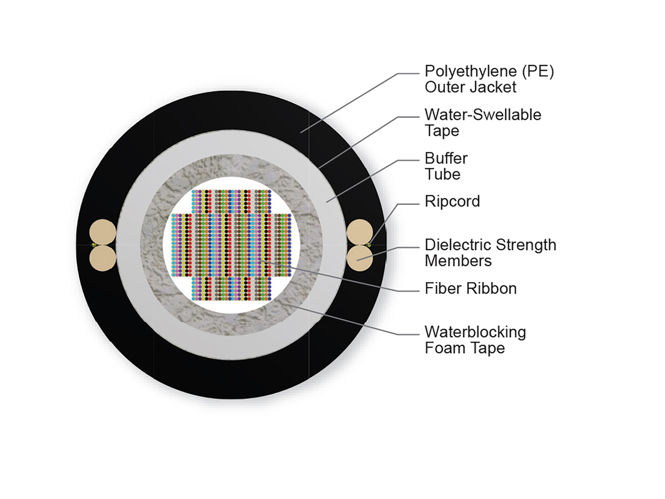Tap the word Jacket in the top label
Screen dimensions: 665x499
click(494, 87)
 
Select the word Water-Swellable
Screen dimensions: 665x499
click(483, 115)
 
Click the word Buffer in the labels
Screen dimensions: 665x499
click(446, 159)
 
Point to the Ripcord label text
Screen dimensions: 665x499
click(452, 202)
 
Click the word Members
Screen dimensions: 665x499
click(458, 261)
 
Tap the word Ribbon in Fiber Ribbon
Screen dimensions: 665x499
click(492, 288)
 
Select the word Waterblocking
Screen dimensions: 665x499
click(475, 332)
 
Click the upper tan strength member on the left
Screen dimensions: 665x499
click(103, 232)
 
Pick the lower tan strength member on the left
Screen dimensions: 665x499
click(103, 258)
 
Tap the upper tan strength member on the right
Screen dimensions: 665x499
click(360, 232)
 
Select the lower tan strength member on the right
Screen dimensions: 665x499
click(360, 258)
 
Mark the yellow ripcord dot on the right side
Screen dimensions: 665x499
click(369, 245)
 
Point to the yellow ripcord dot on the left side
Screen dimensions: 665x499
click(94, 245)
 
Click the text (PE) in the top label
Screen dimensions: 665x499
click(538, 72)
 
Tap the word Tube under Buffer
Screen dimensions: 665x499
click(443, 174)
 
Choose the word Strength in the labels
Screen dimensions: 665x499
click(526, 245)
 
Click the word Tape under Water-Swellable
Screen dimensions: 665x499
click(442, 131)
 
